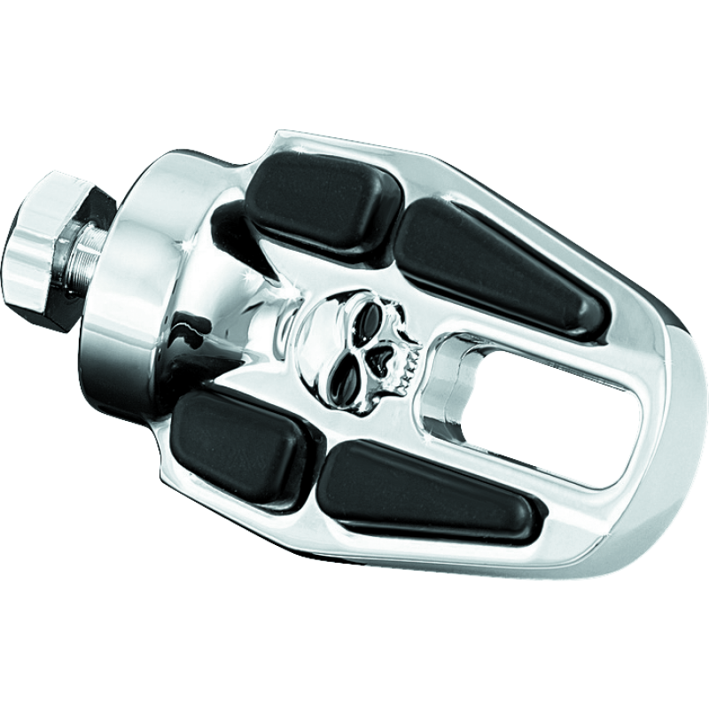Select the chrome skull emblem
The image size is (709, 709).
[x=354, y=337]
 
